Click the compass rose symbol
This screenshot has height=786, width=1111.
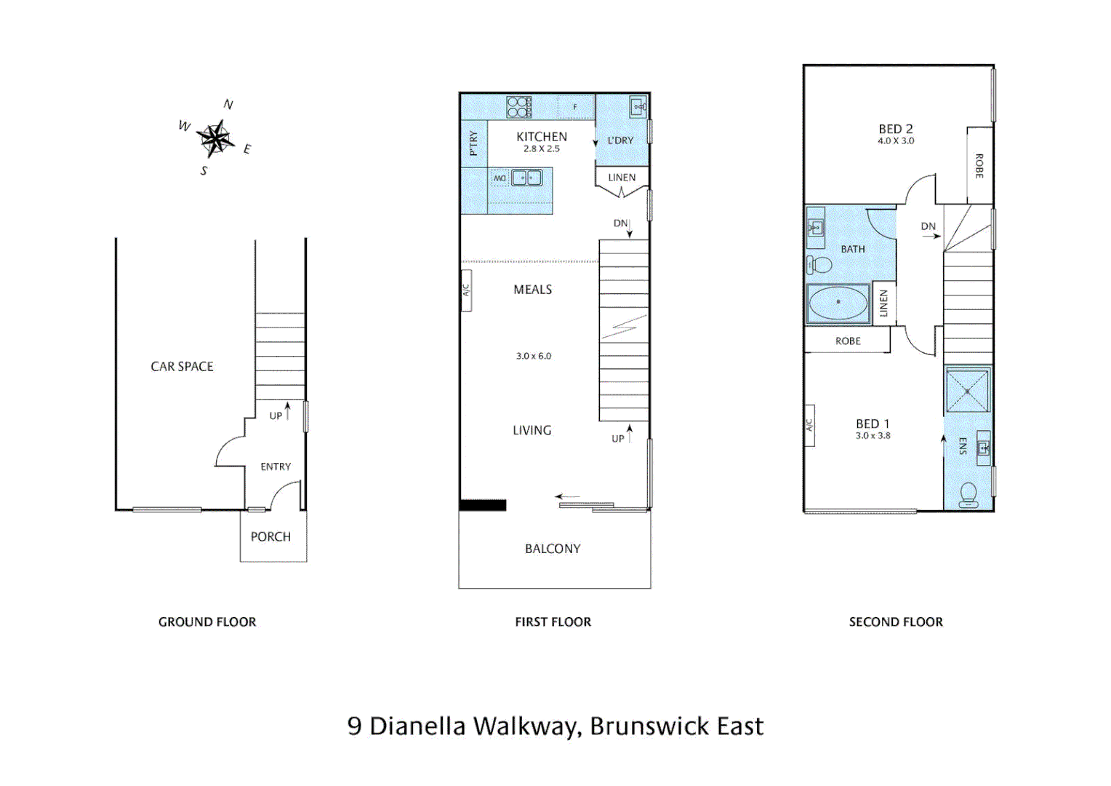[215, 138]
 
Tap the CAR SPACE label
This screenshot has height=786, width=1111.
[182, 366]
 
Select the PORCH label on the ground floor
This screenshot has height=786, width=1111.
[270, 536]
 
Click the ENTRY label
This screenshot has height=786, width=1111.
[276, 467]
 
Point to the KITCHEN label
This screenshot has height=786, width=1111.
[542, 136]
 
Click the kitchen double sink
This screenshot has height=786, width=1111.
[526, 178]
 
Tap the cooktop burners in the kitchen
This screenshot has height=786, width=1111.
[519, 107]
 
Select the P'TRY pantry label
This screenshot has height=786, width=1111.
[474, 143]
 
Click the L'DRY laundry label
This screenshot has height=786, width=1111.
[620, 140]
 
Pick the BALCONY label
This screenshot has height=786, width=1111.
[553, 549]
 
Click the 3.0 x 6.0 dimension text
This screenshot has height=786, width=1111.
[534, 356]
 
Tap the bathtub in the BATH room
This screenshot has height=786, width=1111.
[838, 303]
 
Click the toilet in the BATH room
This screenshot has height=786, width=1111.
[819, 263]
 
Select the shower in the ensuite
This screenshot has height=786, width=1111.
[967, 392]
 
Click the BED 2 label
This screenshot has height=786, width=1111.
[896, 129]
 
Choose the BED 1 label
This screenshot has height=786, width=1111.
[873, 424]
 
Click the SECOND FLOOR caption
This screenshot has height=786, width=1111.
[896, 622]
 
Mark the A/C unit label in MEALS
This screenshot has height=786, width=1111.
[467, 290]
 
